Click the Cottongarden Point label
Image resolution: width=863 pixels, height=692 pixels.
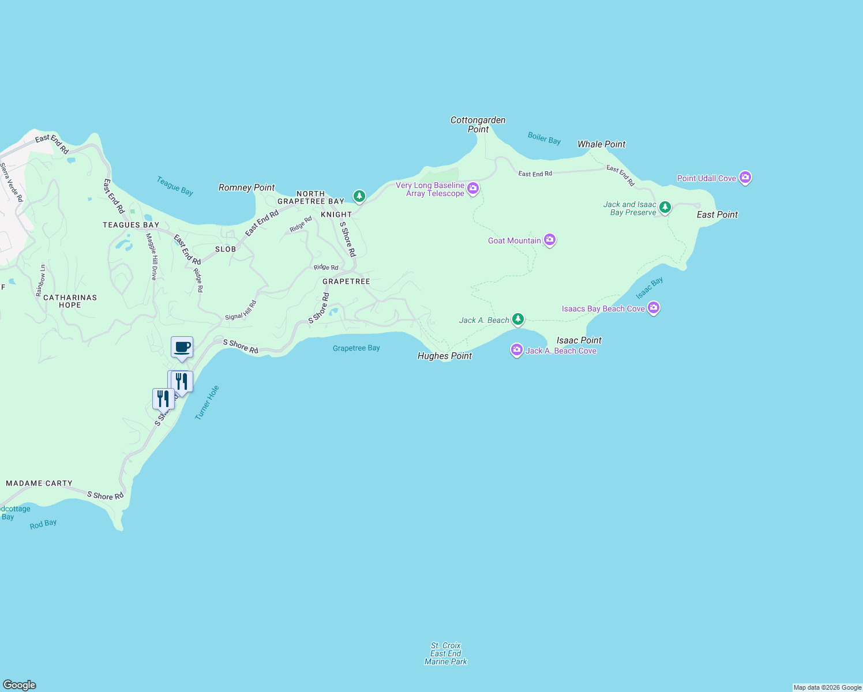pyautogui.click(x=478, y=125)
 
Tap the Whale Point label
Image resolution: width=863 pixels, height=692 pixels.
pyautogui.click(x=601, y=144)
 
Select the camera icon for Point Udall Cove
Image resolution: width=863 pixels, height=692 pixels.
pyautogui.click(x=745, y=178)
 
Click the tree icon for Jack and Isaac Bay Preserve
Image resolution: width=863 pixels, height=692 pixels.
pyautogui.click(x=665, y=207)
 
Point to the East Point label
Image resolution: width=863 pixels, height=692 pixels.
pyautogui.click(x=717, y=215)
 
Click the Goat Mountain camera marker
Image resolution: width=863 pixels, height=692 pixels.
pyautogui.click(x=550, y=240)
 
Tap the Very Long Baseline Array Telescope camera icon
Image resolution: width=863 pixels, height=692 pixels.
pyautogui.click(x=473, y=188)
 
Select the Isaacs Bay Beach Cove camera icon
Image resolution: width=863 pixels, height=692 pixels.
pyautogui.click(x=654, y=308)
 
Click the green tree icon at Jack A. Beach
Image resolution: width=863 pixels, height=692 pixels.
pyautogui.click(x=518, y=319)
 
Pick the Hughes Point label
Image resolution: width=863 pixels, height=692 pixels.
pyautogui.click(x=444, y=356)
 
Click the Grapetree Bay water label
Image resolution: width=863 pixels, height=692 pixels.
pyautogui.click(x=356, y=348)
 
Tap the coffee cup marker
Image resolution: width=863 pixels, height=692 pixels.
pyautogui.click(x=182, y=348)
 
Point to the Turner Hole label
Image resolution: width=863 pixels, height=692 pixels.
pyautogui.click(x=207, y=403)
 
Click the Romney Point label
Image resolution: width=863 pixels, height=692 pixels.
pyautogui.click(x=247, y=187)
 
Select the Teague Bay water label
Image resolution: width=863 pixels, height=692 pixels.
pyautogui.click(x=175, y=186)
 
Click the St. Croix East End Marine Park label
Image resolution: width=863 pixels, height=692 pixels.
pyautogui.click(x=446, y=653)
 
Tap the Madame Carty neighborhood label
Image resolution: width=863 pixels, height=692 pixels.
pyautogui.click(x=39, y=483)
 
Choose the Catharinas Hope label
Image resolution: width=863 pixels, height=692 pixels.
pyautogui.click(x=70, y=301)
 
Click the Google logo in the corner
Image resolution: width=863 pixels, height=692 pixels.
pyautogui.click(x=20, y=685)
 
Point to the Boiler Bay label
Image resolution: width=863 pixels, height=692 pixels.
pyautogui.click(x=544, y=138)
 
